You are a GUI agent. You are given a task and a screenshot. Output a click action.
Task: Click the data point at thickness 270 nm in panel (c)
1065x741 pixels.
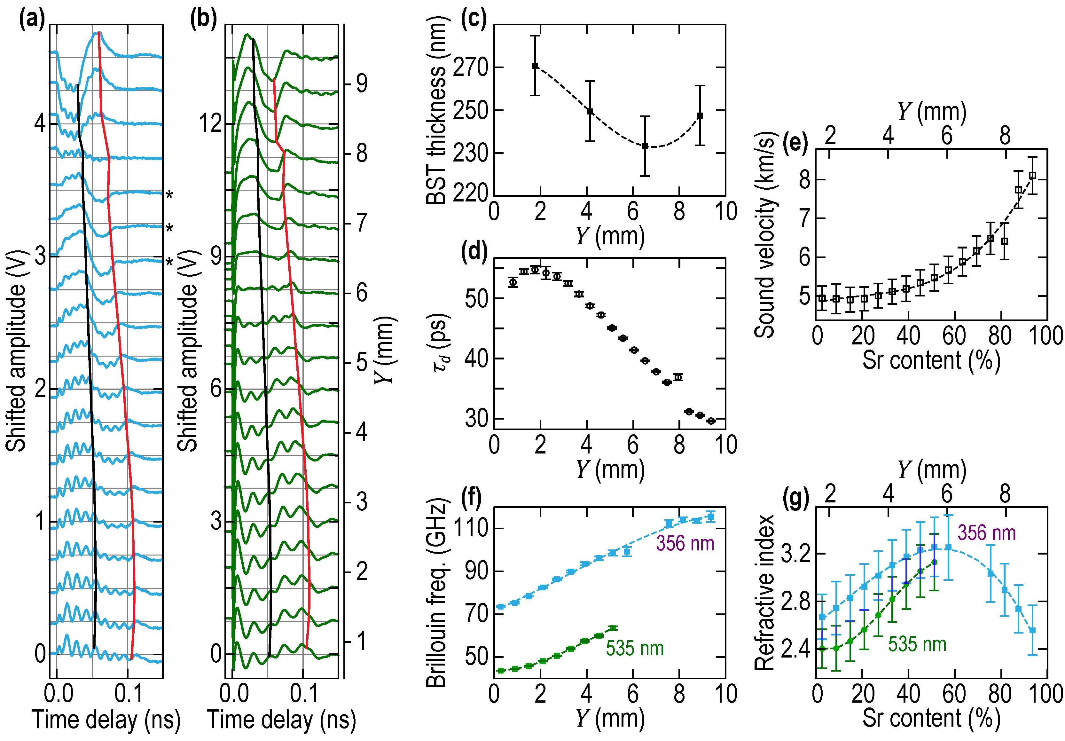coord(535,66)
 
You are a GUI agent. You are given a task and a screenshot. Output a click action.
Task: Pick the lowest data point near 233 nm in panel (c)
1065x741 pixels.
coord(645,146)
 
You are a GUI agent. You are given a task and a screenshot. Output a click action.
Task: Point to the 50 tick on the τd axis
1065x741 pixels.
coord(477,299)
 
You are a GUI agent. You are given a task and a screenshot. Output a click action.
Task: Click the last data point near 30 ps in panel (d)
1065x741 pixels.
coord(711,421)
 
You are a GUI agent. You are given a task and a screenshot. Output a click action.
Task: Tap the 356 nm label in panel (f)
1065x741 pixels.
coord(685,543)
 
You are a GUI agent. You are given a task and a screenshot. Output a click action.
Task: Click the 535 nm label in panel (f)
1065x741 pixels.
coord(635,648)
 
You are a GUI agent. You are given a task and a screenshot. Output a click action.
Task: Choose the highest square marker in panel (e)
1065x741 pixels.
coord(1032,175)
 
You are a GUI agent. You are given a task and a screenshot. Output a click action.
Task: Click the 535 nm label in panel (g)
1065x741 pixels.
coord(917,644)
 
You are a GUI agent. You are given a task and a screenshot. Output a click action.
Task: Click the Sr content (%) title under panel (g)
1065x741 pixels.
coord(931,718)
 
